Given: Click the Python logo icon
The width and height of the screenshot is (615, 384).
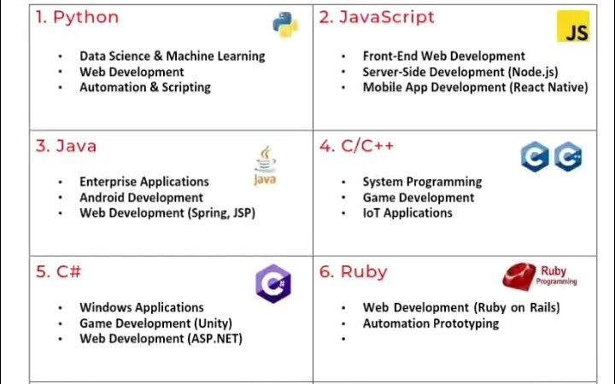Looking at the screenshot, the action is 285,25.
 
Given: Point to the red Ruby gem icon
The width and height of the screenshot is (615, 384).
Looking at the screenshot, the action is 519,276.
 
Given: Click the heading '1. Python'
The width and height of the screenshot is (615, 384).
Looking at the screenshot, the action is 77,17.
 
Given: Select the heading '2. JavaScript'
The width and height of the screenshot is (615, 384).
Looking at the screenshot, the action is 377,17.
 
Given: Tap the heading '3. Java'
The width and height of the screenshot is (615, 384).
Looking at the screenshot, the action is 66,146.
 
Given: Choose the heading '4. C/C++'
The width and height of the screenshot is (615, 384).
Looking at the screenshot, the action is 357,146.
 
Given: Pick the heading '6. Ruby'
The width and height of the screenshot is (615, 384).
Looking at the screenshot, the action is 354,271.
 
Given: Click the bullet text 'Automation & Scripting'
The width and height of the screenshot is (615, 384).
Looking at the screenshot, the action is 144,87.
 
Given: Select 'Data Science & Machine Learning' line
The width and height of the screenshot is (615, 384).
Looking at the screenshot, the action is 172,56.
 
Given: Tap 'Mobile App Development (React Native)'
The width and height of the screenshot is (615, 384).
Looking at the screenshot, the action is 475,87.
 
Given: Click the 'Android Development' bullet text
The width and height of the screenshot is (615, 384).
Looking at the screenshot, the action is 141,197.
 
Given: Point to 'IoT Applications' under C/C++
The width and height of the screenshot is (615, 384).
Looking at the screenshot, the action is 407,212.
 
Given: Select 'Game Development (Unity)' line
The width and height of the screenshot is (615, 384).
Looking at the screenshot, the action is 155,323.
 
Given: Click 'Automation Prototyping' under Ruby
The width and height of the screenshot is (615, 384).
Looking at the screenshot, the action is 430,323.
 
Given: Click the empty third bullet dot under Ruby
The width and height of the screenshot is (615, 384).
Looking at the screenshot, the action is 343,340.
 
